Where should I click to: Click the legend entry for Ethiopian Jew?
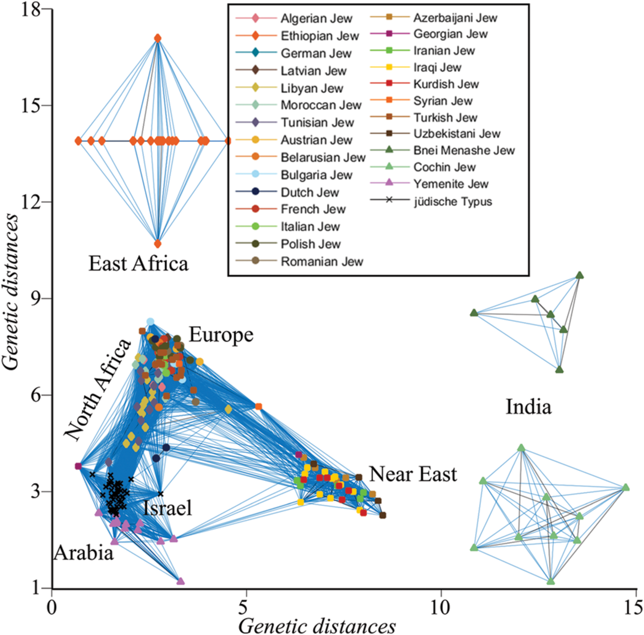point(319,36)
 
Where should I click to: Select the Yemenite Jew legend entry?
point(451,184)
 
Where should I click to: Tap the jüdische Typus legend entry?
point(453,202)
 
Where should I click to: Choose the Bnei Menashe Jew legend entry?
point(464,150)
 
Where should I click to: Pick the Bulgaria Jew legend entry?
point(316,175)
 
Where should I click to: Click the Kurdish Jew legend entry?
point(446,84)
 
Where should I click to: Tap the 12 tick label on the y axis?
point(31,202)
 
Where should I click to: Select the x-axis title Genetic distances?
point(317,625)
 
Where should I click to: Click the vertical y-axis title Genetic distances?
point(11,292)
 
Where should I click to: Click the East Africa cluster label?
point(138,264)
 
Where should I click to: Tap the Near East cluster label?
point(413,474)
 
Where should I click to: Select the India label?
point(528,407)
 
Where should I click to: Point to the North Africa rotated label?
point(98,390)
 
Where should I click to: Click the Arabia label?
point(84,552)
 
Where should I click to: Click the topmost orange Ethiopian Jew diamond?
point(158,38)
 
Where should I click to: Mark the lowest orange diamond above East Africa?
point(158,244)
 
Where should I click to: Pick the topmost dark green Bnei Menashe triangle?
point(580,275)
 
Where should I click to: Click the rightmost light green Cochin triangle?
point(626,487)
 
